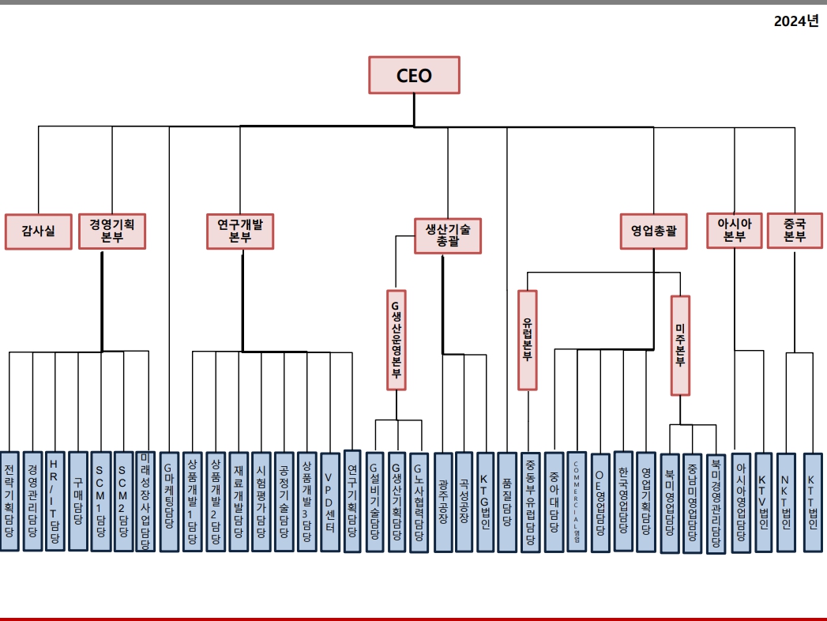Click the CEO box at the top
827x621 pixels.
coord(414,76)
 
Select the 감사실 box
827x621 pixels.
coord(38,231)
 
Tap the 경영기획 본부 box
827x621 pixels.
coord(112,231)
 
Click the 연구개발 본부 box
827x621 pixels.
coord(240,231)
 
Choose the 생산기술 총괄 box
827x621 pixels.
coord(447,235)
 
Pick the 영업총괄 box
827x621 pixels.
coord(654,231)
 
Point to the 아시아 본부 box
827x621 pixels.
coord(734,230)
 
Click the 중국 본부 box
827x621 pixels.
coord(795,230)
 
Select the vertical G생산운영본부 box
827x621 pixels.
coord(397,340)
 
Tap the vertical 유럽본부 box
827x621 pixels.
coord(528,340)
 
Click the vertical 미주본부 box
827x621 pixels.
coord(680,345)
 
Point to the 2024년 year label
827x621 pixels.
coord(795,21)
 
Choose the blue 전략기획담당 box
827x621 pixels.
coord(9,501)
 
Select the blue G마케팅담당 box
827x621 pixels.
coord(169,501)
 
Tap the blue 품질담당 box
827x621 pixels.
coord(507,502)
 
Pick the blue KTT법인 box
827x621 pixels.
coord(814,502)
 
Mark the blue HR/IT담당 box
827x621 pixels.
coord(55,501)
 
